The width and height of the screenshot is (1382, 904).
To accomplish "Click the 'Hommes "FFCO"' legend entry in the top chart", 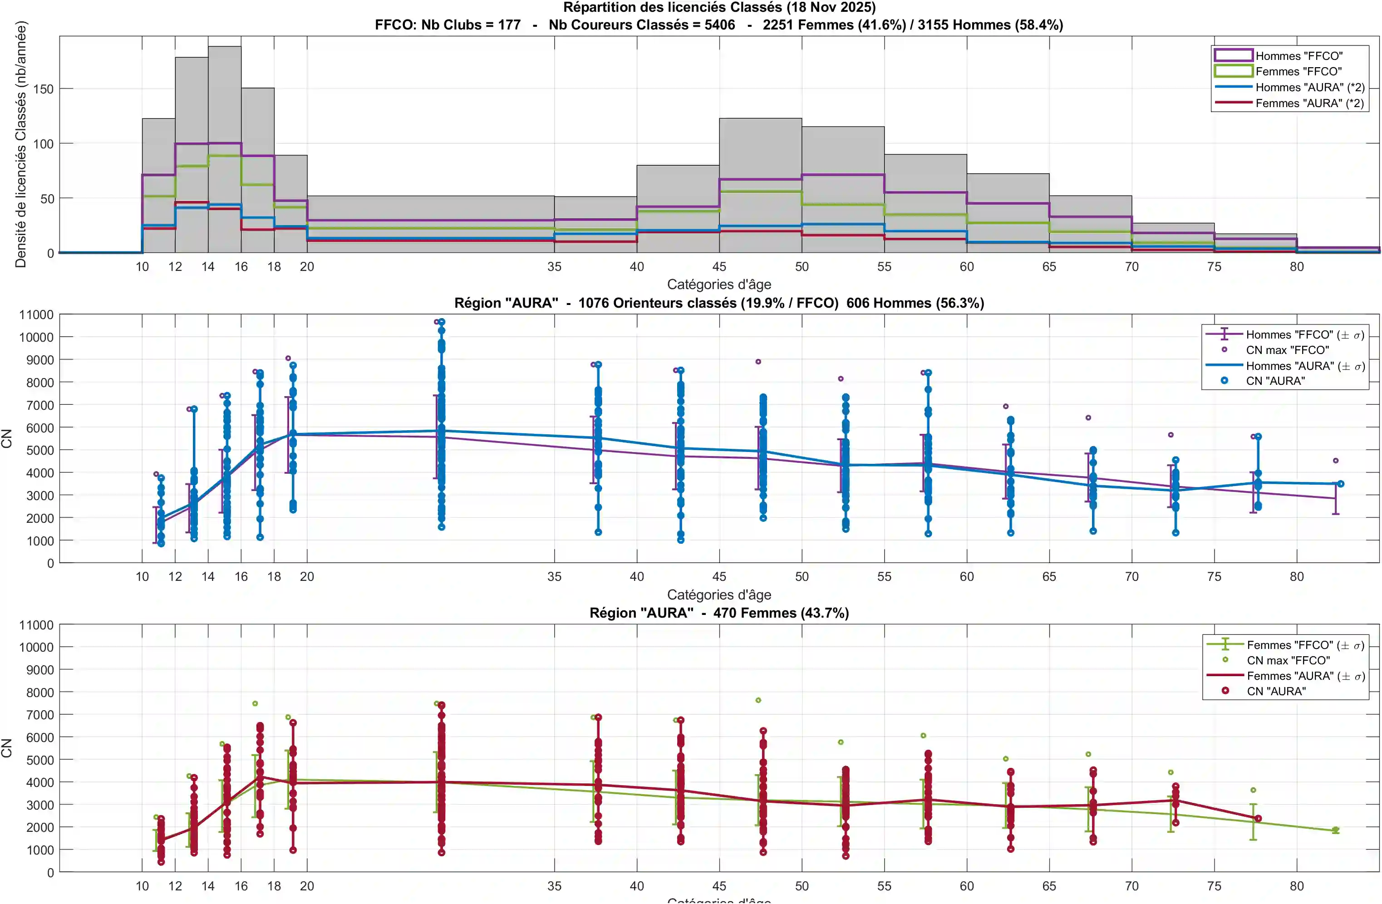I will coord(1298,56).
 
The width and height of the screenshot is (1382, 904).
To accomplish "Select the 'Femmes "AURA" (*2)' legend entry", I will coord(1309,103).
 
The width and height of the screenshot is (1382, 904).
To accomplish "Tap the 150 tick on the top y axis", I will coord(43,89).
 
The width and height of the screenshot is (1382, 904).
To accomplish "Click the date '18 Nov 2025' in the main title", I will coord(831,8).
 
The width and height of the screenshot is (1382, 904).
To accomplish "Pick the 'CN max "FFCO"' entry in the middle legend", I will coord(1287,350).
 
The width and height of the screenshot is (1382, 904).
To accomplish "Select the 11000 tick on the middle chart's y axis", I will coord(36,314).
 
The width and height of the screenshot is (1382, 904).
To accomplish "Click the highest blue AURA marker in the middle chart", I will coord(441,322).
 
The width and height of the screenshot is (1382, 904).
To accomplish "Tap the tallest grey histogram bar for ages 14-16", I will coord(225,145).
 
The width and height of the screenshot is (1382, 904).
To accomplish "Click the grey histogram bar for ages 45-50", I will coord(760,186).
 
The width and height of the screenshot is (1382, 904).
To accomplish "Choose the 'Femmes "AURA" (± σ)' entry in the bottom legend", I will coord(1305,676).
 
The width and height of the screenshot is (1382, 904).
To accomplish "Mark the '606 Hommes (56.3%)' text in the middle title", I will coord(915,303).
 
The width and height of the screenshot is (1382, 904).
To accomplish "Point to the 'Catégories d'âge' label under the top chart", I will coord(719,285).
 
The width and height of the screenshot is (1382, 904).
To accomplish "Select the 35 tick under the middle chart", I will coord(554,576).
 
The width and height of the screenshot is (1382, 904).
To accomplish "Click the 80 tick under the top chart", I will coord(1297,266).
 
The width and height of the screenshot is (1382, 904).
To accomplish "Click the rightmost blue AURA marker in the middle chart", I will coord(1341,484).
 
